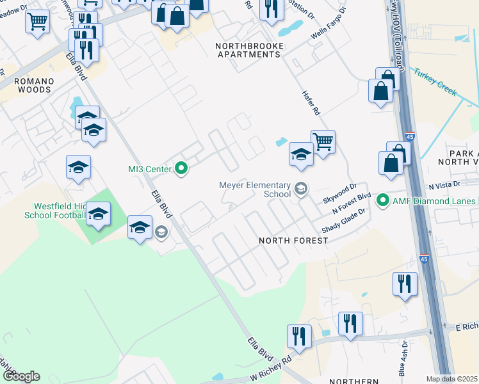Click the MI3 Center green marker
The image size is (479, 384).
pos(181,169)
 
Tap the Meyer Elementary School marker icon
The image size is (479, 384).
pos(300,188)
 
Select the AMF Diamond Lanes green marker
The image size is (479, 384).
pos(384,201)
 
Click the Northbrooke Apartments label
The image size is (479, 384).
pos(248,51)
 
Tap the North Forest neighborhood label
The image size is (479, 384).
pos(293,241)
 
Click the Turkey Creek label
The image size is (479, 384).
pos(435,82)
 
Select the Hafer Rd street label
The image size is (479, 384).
pos(311,102)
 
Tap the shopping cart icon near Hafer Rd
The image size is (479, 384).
pos(323,140)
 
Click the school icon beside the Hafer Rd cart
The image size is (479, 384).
pos(300,154)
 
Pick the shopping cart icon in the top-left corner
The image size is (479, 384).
pos(38,21)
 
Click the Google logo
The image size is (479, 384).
pos(21,376)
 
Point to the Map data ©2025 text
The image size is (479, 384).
pos(451,379)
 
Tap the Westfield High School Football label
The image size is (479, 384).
pos(55,211)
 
